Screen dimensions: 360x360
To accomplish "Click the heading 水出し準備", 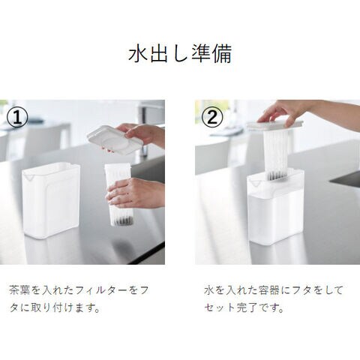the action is point(180,54).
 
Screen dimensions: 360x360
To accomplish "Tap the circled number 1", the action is point(17,118).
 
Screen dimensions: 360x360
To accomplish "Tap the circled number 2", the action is point(212,118).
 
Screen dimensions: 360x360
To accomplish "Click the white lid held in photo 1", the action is point(115,139).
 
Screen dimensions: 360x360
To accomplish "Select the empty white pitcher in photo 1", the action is point(51,200).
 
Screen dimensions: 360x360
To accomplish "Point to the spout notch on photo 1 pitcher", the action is point(30,178).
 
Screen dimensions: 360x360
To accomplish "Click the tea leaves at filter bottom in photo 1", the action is point(123,220).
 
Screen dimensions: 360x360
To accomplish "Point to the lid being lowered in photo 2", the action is point(275,126).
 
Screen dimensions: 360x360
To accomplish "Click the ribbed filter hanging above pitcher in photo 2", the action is point(276,155).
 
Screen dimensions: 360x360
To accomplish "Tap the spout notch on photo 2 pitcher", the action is point(255,184).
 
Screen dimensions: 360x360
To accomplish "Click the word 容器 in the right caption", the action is point(269,290).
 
